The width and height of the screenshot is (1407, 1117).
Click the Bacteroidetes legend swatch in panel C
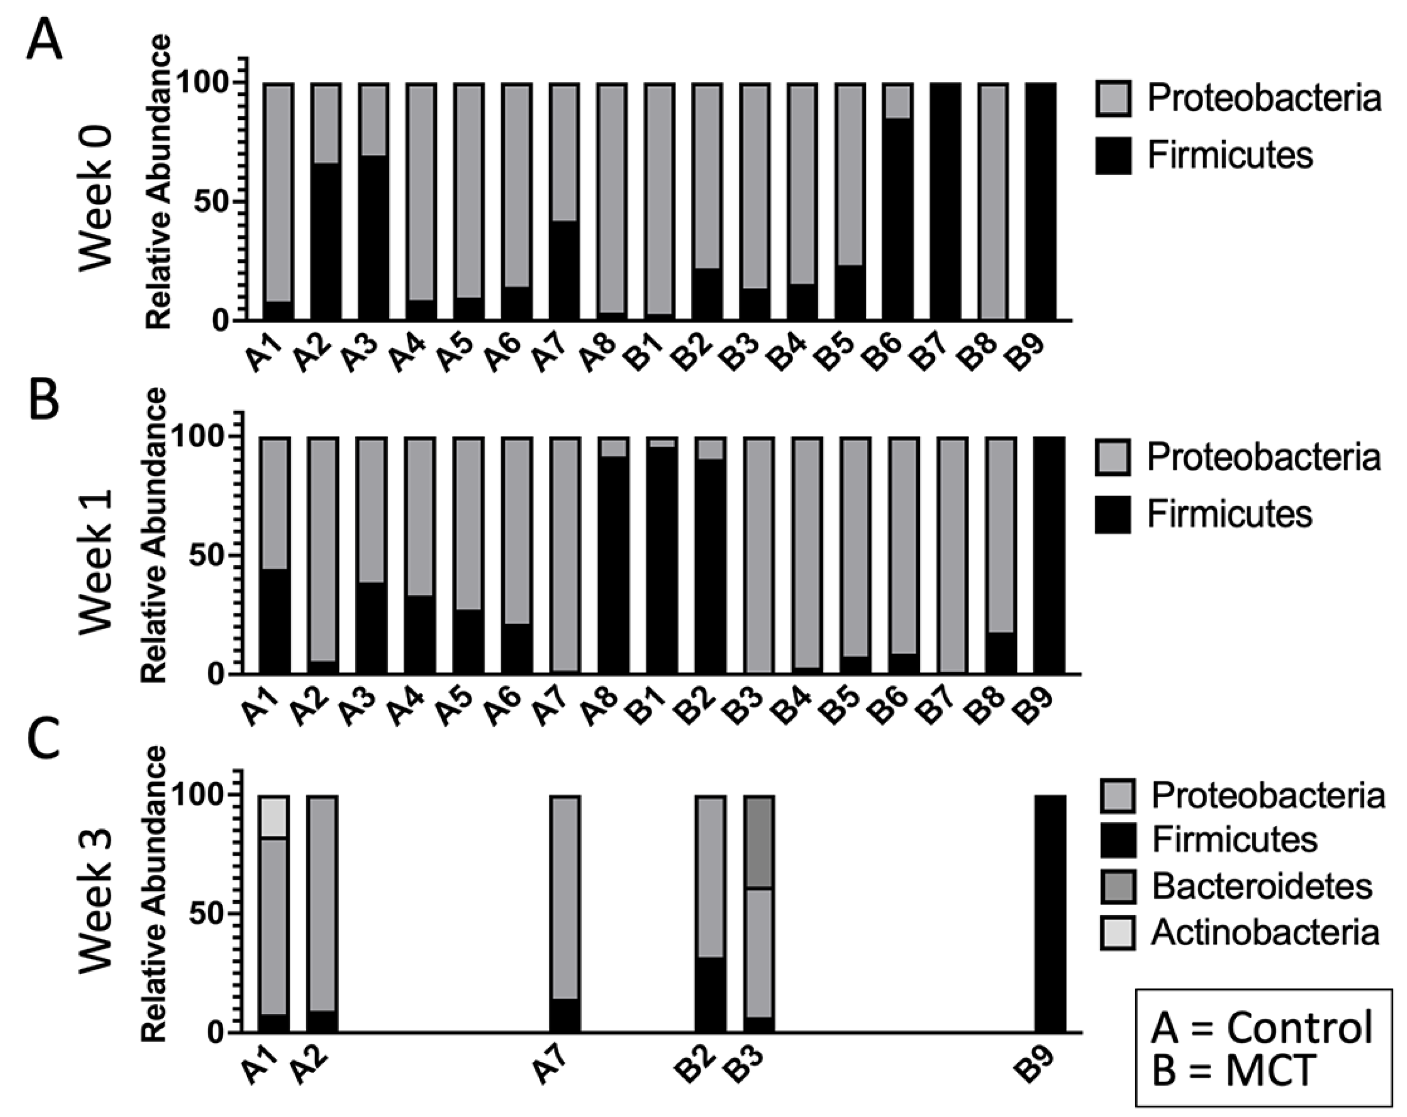coord(1117,886)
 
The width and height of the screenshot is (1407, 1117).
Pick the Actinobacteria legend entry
coord(1265,933)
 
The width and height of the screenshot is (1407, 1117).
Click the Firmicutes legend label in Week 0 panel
coord(1230,155)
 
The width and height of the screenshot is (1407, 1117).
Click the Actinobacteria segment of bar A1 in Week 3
coord(274,816)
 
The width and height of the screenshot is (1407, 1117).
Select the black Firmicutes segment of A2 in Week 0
coord(326,242)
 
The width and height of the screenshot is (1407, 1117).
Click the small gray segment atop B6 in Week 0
coord(897,101)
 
